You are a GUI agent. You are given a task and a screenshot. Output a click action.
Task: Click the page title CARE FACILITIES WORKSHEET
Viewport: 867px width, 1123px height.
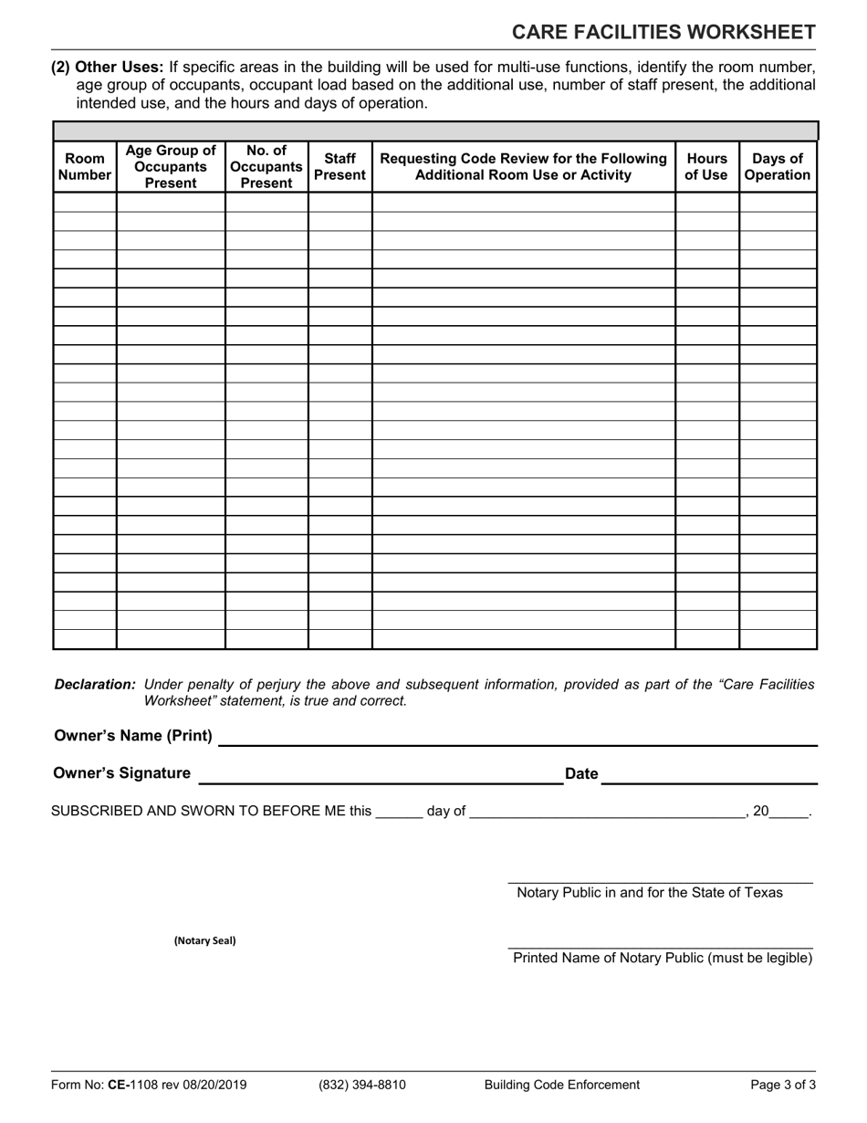(663, 33)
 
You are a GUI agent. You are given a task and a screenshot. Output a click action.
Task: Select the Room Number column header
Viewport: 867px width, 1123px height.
(85, 167)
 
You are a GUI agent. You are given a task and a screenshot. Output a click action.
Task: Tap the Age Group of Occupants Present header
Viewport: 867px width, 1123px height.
(171, 167)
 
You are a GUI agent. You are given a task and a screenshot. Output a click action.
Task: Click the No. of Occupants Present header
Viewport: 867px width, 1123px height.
(266, 167)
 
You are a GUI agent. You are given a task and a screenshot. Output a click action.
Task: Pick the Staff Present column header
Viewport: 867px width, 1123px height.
(339, 167)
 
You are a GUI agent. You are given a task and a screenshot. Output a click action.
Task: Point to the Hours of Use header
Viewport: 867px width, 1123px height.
(706, 167)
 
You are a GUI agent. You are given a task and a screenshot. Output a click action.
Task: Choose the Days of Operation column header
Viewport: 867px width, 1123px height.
(778, 167)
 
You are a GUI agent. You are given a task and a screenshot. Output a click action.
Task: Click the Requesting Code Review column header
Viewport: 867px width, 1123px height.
(523, 167)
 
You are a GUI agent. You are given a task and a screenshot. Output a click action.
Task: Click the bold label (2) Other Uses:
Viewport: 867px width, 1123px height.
(108, 67)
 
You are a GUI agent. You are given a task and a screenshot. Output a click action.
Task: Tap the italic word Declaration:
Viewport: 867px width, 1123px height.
(95, 684)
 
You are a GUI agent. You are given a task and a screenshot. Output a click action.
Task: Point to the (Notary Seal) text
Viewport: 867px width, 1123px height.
(204, 940)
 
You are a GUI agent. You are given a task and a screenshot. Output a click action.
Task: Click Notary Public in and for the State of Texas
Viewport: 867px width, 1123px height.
(650, 892)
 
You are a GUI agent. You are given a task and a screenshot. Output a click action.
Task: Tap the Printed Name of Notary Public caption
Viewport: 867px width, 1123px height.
(663, 958)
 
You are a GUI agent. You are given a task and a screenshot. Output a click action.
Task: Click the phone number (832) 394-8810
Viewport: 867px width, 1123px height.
(362, 1085)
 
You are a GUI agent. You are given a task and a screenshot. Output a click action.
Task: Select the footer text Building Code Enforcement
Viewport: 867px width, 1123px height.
(562, 1085)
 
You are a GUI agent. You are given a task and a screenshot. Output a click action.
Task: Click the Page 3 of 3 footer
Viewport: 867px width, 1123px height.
(783, 1085)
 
